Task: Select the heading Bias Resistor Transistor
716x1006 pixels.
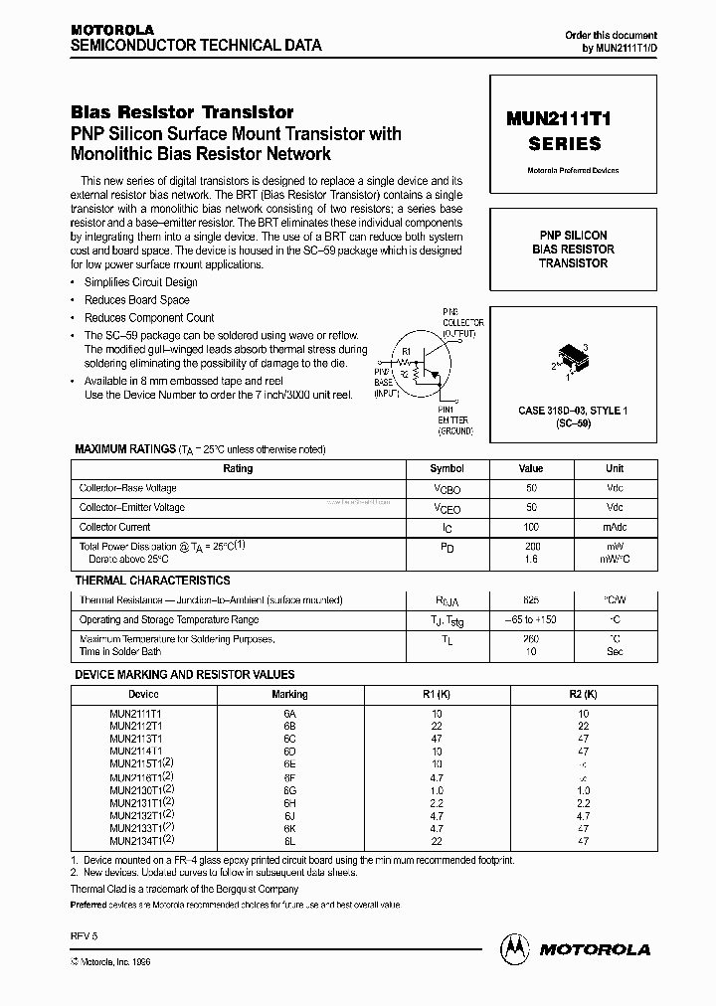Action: [182, 112]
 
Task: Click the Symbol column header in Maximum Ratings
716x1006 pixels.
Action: [447, 468]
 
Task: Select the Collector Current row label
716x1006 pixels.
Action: [115, 527]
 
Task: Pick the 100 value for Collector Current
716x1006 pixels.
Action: [531, 527]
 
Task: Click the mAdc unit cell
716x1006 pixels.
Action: [615, 527]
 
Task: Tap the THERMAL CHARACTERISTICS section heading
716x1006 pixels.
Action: [152, 581]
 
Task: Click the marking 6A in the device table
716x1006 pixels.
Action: [289, 714]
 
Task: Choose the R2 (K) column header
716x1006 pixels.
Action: [583, 694]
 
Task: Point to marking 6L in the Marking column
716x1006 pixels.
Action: [289, 841]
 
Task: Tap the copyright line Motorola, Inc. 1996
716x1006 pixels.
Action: [114, 963]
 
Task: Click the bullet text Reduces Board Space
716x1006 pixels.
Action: [137, 300]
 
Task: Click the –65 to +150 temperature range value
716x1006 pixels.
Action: [531, 619]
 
